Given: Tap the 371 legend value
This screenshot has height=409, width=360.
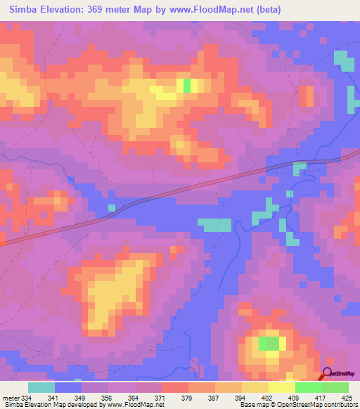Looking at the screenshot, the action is point(160,398).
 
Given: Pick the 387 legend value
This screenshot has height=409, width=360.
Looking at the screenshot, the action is point(214,398).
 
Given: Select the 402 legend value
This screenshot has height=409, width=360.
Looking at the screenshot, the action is point(267,398).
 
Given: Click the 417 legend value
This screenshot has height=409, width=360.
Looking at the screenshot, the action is point(320,398).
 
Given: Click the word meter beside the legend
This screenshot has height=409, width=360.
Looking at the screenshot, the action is point(10,398).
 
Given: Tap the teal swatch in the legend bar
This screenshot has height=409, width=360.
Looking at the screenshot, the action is point(41,387).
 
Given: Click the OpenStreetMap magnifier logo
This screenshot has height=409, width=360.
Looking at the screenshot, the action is point(328,375).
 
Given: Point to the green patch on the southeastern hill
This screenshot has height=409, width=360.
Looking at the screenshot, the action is point(268,344).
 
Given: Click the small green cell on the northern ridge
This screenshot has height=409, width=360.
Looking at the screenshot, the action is point(187,85).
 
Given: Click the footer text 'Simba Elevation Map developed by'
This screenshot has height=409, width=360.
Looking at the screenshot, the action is point(43,405).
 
